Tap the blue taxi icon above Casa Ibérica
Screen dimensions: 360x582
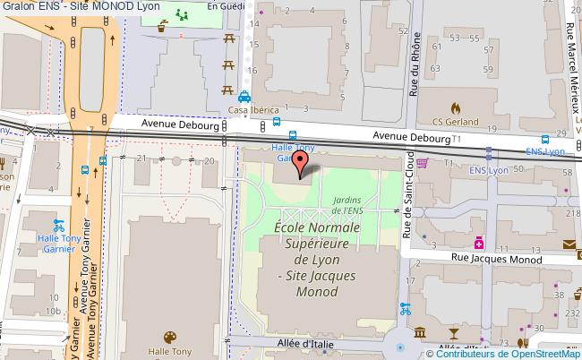click(244, 98)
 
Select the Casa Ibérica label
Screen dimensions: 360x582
click(254, 110)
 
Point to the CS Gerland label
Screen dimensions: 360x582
click(456, 122)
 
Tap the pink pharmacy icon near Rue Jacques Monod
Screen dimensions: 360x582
click(480, 242)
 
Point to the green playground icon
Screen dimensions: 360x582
click(182, 15)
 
